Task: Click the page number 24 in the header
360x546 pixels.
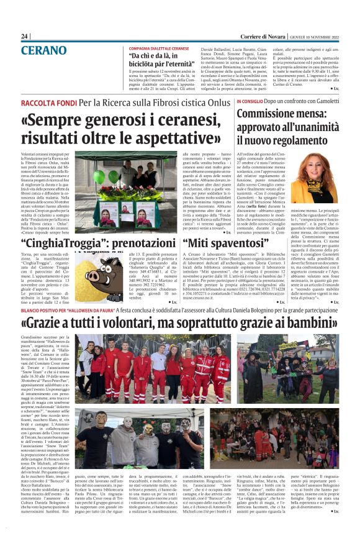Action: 24,37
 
